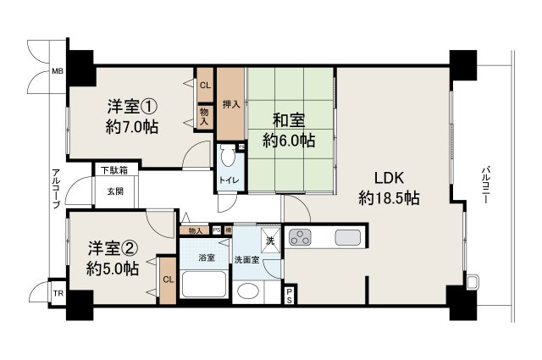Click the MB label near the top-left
point(57,71)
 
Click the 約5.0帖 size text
point(112,269)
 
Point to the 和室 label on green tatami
point(289,119)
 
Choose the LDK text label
point(390,179)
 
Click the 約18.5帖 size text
point(390,199)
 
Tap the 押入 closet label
point(230,105)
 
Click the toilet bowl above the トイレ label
point(227,158)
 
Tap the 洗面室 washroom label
point(247,258)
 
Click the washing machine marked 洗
point(270,241)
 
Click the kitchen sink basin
point(346,235)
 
